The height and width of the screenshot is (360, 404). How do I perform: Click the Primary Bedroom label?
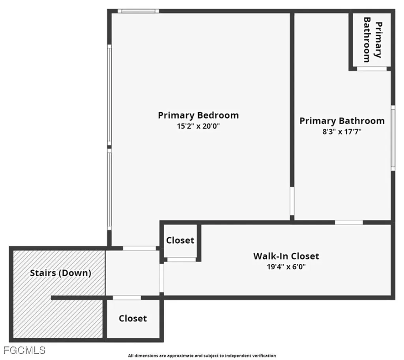coord(198,116)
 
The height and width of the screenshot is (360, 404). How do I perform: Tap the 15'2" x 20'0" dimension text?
coord(198,127)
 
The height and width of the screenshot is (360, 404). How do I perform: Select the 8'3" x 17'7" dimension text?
coord(342,132)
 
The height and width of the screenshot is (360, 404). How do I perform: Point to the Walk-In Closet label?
coord(286,256)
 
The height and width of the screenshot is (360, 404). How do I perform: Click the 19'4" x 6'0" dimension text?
coord(286,267)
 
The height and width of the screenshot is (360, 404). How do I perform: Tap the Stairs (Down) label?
coord(61,273)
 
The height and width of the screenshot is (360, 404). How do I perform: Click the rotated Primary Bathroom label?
coord(372,40)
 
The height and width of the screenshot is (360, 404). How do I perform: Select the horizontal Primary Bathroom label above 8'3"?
coord(342,121)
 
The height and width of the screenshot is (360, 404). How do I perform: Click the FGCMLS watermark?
coord(24,350)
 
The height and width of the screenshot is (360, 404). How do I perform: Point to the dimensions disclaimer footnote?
coord(202,356)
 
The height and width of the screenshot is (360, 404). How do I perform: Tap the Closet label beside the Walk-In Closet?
coord(180,241)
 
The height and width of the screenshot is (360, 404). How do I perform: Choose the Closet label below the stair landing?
coord(133,319)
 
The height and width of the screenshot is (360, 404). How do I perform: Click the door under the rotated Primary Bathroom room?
coord(372,69)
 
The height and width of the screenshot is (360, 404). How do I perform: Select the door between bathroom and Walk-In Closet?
coord(349,222)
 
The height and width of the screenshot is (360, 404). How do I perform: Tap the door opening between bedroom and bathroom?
coord(292,201)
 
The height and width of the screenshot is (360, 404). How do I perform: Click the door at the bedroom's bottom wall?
coord(139,248)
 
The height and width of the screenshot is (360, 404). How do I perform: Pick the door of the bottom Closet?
coord(127,298)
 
